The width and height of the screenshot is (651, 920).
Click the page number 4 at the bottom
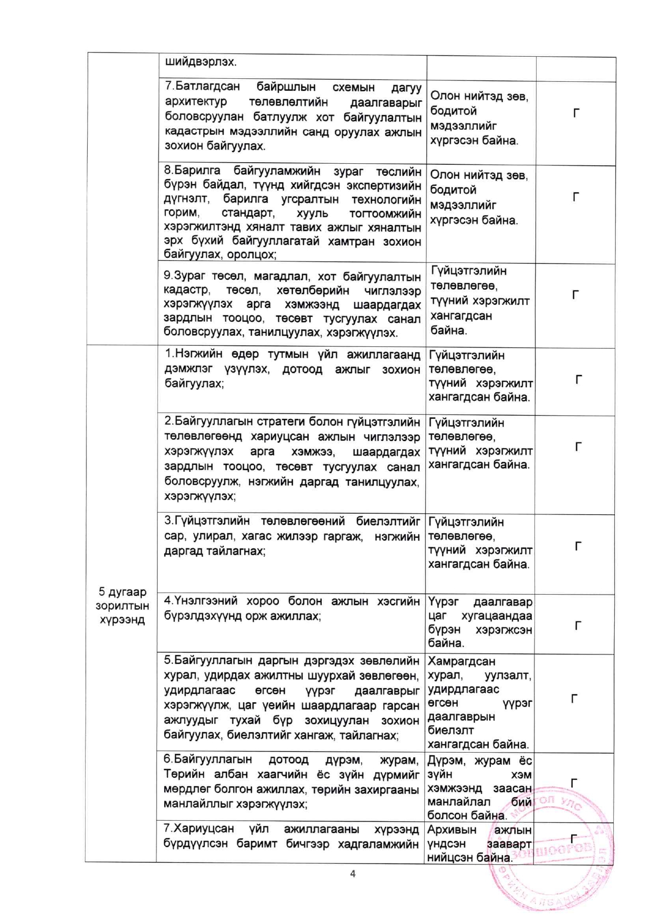352,873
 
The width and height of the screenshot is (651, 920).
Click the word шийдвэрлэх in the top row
201,62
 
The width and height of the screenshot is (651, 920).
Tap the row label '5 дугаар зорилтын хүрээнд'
122,606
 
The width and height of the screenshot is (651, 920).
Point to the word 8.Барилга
192,171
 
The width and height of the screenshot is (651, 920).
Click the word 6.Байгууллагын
207,759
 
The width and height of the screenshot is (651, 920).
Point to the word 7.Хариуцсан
198,829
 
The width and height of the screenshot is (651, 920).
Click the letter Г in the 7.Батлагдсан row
576,113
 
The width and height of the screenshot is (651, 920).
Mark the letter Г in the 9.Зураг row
575,295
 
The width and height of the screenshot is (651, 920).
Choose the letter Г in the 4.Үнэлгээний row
577,626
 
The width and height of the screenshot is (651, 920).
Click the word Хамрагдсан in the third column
461,661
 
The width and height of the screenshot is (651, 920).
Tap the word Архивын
451,830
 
